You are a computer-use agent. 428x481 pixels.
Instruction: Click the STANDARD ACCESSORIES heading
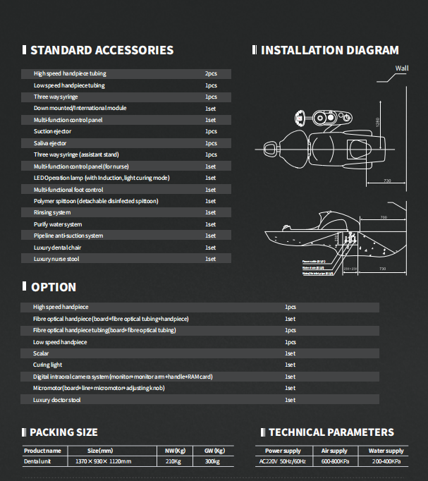tap(102, 50)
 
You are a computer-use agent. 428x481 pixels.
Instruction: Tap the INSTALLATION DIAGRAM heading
tap(329, 50)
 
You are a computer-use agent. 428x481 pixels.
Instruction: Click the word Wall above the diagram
tap(402, 68)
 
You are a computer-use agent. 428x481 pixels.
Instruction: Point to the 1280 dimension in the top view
tap(377, 122)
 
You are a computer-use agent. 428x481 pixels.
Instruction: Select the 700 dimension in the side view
tap(383, 217)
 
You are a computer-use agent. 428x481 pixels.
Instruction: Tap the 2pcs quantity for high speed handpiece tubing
tap(211, 73)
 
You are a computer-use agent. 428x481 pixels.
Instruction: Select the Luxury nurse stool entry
tap(56, 259)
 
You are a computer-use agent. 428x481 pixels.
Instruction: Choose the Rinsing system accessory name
tap(52, 212)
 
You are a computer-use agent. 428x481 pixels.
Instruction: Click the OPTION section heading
tap(54, 287)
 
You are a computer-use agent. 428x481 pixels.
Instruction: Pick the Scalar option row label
tap(41, 353)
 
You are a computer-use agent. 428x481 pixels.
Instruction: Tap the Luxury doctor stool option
tap(57, 400)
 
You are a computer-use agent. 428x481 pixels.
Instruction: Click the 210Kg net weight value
tap(174, 461)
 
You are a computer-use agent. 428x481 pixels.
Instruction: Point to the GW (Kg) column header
tap(214, 450)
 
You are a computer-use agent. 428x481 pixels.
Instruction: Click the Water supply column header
tap(386, 450)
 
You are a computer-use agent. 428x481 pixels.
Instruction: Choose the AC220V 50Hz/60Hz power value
tap(282, 461)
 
